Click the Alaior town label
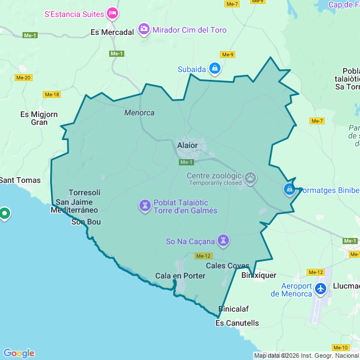(x=187, y=145)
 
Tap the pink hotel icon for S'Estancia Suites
(x=113, y=12)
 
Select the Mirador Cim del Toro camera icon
(x=144, y=29)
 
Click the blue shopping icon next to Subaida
(x=214, y=69)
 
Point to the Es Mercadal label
(x=112, y=32)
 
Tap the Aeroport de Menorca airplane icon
(x=321, y=289)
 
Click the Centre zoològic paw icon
(x=250, y=179)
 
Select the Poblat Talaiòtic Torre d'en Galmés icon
(x=145, y=206)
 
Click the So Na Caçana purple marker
(x=224, y=241)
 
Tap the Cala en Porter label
(x=180, y=276)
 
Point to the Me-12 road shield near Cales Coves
(x=204, y=256)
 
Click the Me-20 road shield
(x=23, y=78)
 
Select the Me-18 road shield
(x=52, y=94)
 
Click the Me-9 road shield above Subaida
(x=227, y=55)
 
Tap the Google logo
(x=19, y=353)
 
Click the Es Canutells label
(x=237, y=323)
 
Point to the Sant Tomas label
(x=20, y=180)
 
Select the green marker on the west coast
(x=4, y=214)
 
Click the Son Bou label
(x=86, y=222)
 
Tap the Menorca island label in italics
(x=139, y=112)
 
